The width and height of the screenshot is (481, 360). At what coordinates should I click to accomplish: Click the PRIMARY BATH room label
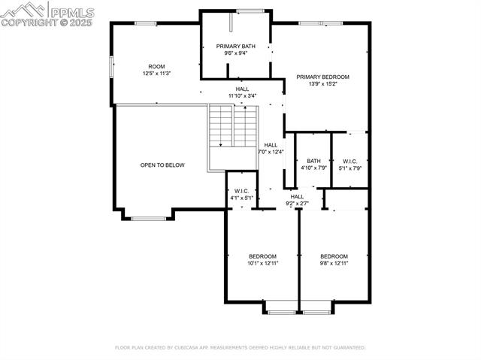click(235, 47)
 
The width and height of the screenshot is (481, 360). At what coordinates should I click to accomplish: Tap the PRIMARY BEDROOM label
click(322, 77)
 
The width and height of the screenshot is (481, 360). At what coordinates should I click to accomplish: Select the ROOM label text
click(156, 66)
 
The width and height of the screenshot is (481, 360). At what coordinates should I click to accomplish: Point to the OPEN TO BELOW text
click(162, 165)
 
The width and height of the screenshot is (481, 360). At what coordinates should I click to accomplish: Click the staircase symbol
click(233, 126)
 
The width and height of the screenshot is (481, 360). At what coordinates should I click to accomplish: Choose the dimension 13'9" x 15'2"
click(322, 84)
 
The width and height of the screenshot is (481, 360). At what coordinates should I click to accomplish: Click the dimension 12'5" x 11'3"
click(156, 73)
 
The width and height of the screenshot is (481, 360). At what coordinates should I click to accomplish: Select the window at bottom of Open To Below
click(144, 219)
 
